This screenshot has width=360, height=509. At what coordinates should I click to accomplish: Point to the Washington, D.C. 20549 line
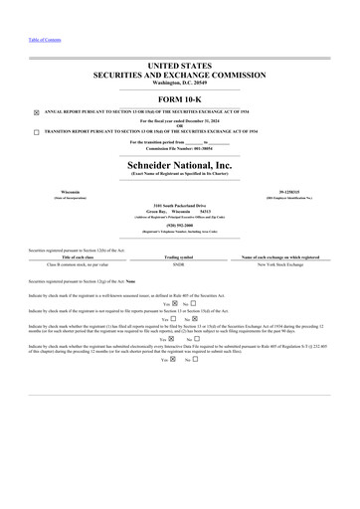pyautogui.click(x=179, y=82)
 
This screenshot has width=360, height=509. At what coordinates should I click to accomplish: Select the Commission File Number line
pyautogui.click(x=179, y=149)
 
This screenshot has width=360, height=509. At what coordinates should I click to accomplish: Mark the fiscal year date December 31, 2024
pyautogui.click(x=205, y=120)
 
